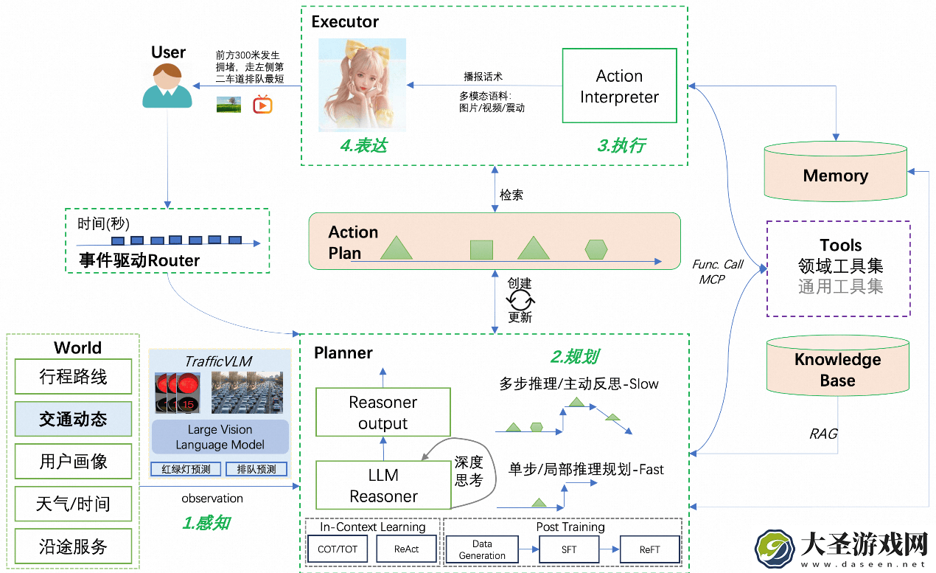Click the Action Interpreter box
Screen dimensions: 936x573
coord(619,86)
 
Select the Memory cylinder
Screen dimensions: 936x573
coord(835,172)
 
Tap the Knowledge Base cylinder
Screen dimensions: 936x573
coord(838,366)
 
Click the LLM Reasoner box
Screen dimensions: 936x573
coord(383,485)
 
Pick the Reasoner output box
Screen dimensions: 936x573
coord(383,412)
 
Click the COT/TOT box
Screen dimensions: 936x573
coord(338,549)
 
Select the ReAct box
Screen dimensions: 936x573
coord(406,549)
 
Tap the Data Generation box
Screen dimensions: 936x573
coord(482,549)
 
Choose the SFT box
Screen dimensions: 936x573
coord(569,549)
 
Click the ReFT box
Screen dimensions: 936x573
coord(650,549)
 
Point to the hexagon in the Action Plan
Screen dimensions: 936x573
coord(596,250)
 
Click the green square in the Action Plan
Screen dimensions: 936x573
coord(481,250)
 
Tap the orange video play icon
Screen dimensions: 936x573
coord(262,105)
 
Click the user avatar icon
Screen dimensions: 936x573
coord(167,86)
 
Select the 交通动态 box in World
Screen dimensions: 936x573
coord(73,419)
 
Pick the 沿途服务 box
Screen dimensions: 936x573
coord(73,546)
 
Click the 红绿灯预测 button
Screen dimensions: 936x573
coord(186,469)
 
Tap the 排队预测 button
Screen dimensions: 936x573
coord(256,469)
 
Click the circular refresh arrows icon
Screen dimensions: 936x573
coord(520,300)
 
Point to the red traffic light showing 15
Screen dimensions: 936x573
coord(188,393)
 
